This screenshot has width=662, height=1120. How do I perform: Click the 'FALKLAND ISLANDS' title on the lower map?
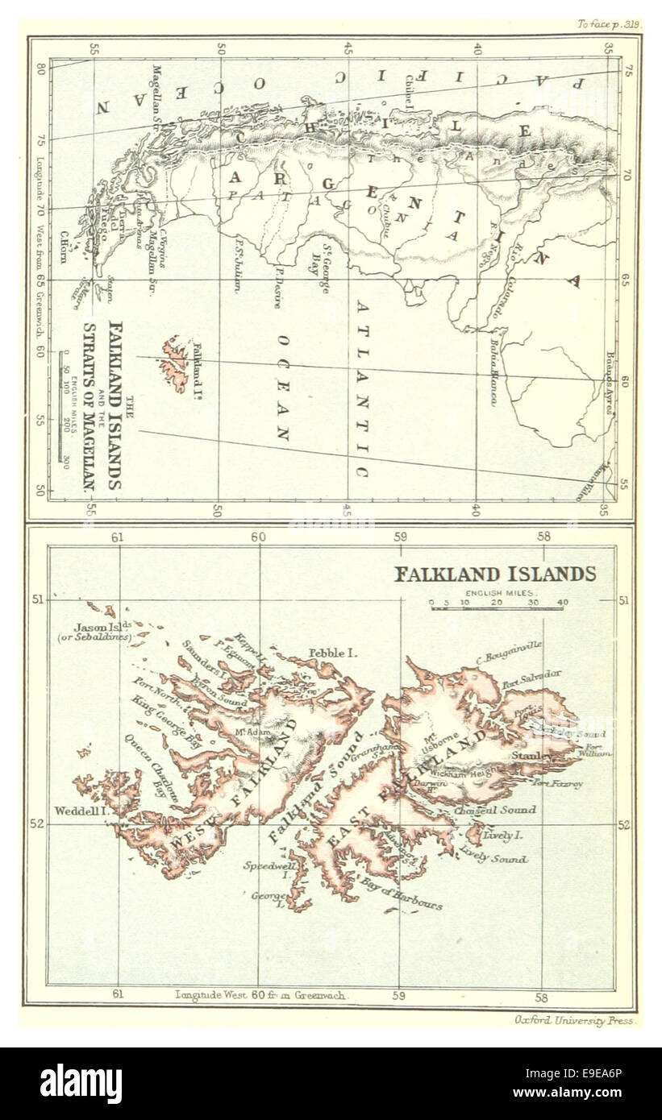[494, 574]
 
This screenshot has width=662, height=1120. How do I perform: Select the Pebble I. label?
[333, 653]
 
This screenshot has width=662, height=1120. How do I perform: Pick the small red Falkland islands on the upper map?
[173, 363]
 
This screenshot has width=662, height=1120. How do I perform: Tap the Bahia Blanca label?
[492, 378]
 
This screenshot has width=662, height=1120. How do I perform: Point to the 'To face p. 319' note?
[608, 24]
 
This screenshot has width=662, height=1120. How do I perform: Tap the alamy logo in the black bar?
[81, 1084]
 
